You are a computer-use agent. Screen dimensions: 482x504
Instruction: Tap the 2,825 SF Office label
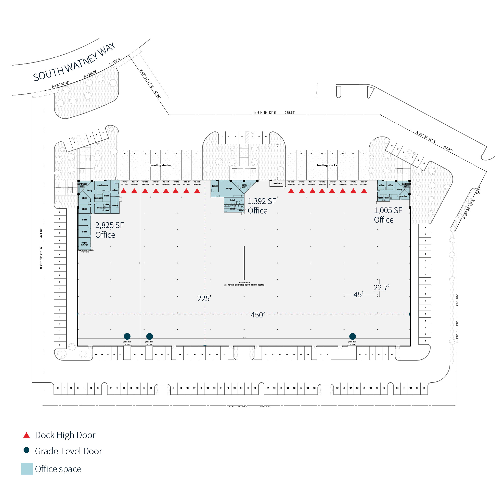coord(109,230)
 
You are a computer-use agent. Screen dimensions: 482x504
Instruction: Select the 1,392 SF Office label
coord(262,206)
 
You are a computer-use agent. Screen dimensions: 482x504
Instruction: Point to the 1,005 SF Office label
coord(388,215)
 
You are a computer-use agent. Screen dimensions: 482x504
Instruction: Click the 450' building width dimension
coord(257,315)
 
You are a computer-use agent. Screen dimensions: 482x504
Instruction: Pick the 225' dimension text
coord(204,298)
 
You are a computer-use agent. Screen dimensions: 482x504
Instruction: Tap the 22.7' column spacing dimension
coord(381,288)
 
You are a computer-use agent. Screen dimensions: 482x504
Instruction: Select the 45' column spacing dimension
coord(358,295)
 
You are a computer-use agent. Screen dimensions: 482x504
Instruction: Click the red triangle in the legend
coord(27,435)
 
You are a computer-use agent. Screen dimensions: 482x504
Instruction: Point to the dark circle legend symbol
coord(27,450)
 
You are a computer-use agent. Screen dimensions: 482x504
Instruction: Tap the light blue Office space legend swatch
coord(27,469)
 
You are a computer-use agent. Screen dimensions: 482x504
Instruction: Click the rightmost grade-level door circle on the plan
coord(352,336)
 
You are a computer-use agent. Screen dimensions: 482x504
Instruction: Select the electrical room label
coord(278,183)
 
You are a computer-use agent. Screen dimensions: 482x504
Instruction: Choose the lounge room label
coord(228,188)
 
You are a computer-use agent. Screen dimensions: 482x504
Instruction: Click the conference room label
coord(102,186)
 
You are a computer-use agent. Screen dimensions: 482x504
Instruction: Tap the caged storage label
coord(84,244)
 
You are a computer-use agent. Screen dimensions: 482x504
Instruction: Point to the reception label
coord(403,196)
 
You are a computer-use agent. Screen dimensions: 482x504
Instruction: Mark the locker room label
coord(215,186)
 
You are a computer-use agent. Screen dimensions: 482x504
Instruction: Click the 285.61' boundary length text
coord(290,113)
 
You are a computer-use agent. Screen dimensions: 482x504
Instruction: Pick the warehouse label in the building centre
coord(244,282)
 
